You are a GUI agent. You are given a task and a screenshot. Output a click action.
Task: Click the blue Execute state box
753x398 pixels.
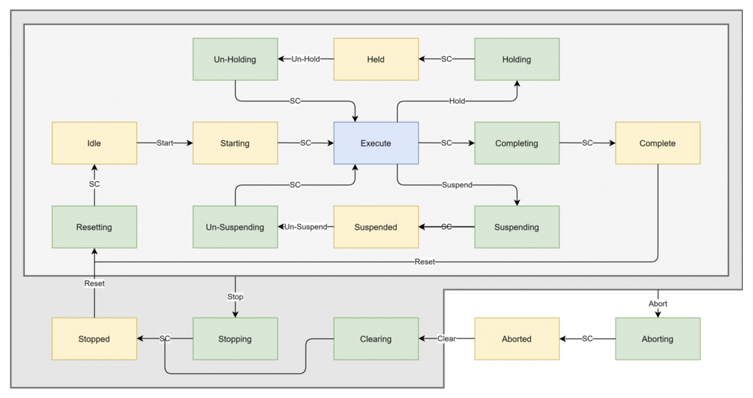click(376, 143)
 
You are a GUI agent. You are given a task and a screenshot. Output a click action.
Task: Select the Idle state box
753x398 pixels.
click(94, 143)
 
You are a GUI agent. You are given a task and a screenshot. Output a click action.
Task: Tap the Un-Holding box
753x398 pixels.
click(235, 59)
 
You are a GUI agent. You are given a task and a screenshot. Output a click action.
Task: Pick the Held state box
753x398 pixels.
click(376, 59)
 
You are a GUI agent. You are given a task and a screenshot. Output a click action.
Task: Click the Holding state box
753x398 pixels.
click(516, 59)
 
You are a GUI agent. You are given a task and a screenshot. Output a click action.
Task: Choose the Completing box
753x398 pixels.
click(516, 143)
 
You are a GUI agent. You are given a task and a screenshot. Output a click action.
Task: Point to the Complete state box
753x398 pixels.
click(657, 143)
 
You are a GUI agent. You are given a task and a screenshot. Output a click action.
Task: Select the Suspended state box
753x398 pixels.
click(376, 227)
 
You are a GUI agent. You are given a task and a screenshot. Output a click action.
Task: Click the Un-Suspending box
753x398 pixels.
click(235, 227)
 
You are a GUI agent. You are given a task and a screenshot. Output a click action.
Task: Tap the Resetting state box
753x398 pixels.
click(94, 227)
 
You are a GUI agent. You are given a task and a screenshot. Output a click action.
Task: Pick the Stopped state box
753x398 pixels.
click(94, 339)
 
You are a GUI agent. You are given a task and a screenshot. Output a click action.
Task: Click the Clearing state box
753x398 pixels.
click(376, 339)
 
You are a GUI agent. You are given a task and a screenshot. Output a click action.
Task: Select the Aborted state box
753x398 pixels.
click(516, 339)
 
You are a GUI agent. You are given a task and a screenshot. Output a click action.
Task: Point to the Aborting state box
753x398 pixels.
click(657, 339)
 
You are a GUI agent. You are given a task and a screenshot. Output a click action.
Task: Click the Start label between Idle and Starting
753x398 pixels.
click(165, 143)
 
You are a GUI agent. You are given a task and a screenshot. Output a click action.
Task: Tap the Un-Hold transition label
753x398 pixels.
click(306, 59)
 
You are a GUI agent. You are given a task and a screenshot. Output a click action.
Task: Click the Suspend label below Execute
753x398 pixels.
click(457, 185)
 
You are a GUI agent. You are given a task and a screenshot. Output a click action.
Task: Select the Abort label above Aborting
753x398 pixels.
click(657, 304)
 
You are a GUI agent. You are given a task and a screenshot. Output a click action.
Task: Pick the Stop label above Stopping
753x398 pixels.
click(235, 297)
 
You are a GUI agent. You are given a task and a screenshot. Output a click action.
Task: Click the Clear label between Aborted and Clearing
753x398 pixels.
click(446, 339)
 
